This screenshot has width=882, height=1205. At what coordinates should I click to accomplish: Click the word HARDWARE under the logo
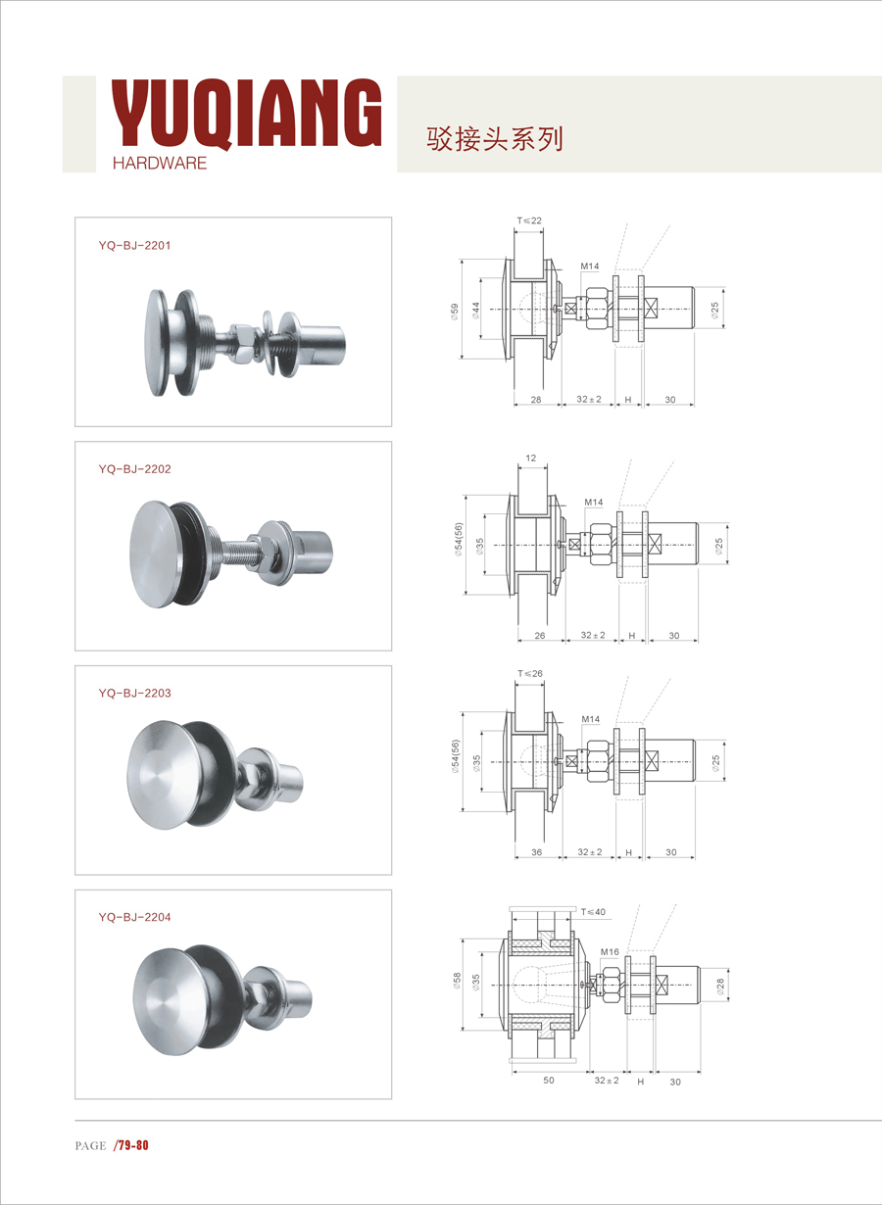click(160, 163)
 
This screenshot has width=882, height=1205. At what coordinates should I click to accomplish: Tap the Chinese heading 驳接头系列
click(495, 139)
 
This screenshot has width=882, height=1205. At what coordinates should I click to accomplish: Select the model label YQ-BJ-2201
click(134, 245)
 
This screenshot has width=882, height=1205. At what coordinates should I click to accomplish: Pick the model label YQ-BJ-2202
click(134, 469)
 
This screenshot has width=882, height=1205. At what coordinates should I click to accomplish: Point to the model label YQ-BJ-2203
click(134, 693)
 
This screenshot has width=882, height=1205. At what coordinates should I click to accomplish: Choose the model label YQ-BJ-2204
click(134, 917)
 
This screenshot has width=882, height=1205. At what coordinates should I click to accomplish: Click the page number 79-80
click(131, 1145)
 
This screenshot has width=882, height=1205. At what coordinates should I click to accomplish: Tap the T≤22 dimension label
click(529, 220)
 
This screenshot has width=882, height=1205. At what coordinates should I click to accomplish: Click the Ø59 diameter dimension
click(455, 312)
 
